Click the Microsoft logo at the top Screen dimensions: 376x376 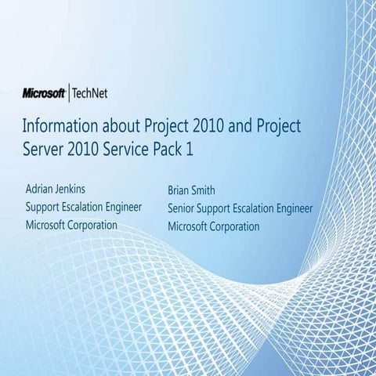(x=44, y=93)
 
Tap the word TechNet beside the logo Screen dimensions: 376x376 (x=89, y=93)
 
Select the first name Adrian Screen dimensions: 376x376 (x=43, y=190)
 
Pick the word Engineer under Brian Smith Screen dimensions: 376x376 (x=290, y=209)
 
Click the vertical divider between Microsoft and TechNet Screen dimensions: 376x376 (x=69, y=93)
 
